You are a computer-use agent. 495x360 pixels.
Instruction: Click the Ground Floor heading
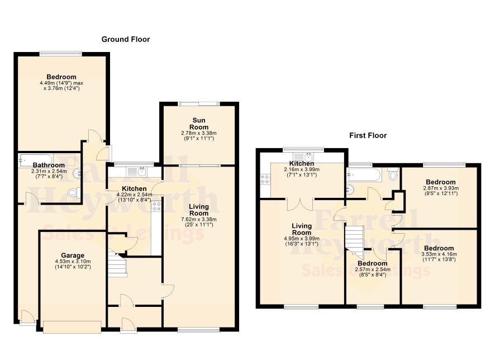pos(126,40)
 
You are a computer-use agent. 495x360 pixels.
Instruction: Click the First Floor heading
pos(368,135)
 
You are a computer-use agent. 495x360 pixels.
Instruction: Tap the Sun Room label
pos(199,124)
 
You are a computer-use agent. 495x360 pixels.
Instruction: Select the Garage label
pos(73,255)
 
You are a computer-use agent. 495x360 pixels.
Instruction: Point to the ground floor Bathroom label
pos(49,165)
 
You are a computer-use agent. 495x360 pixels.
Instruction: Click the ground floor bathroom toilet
pos(74,192)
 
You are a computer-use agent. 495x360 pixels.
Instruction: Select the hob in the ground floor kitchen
pos(156,207)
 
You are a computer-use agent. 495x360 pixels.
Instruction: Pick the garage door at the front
pos(72,327)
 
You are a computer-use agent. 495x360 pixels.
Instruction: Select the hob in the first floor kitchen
pos(265,179)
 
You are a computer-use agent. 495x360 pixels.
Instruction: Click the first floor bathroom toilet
pos(393,174)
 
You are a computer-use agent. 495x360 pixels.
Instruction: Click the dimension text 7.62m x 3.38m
pos(199,220)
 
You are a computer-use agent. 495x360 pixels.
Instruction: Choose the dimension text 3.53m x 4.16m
pos(439,254)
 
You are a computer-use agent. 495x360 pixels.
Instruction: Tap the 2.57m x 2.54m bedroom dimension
pos(373,269)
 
